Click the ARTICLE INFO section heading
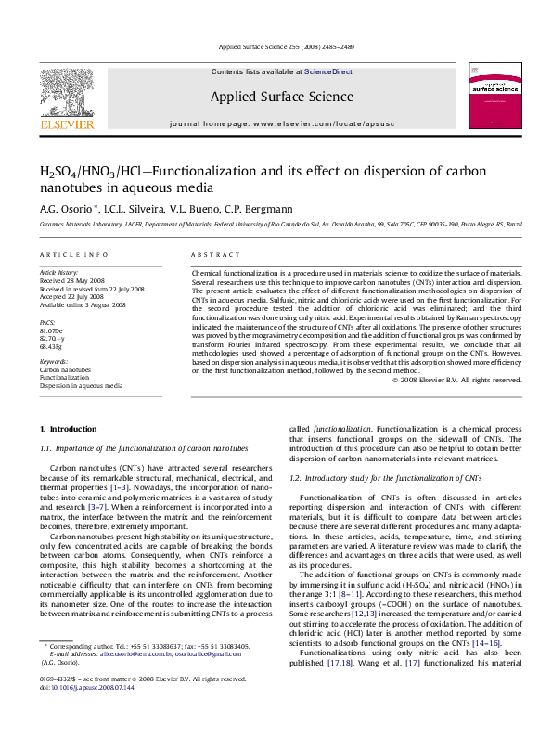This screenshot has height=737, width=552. [68, 254]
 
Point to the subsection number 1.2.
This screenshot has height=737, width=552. [295, 478]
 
